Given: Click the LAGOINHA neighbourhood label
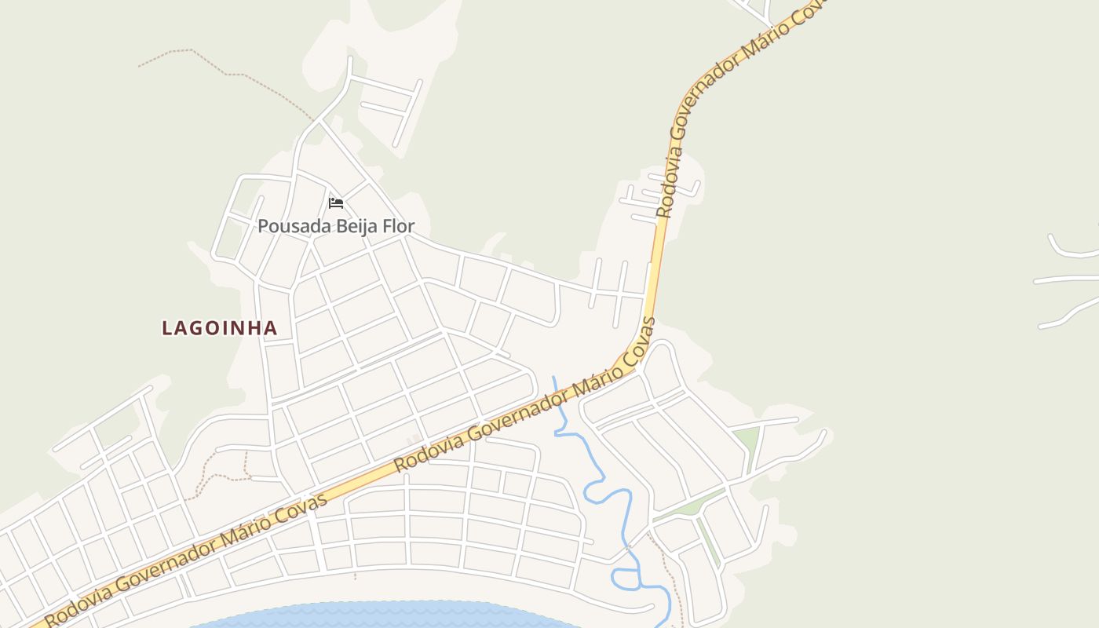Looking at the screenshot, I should click(220, 328).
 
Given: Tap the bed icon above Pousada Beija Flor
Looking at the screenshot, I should click(336, 203).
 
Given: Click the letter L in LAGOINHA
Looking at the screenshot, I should click(166, 328).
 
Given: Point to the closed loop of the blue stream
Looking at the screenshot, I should click(626, 579).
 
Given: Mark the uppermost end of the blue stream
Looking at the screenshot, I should click(553, 378).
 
